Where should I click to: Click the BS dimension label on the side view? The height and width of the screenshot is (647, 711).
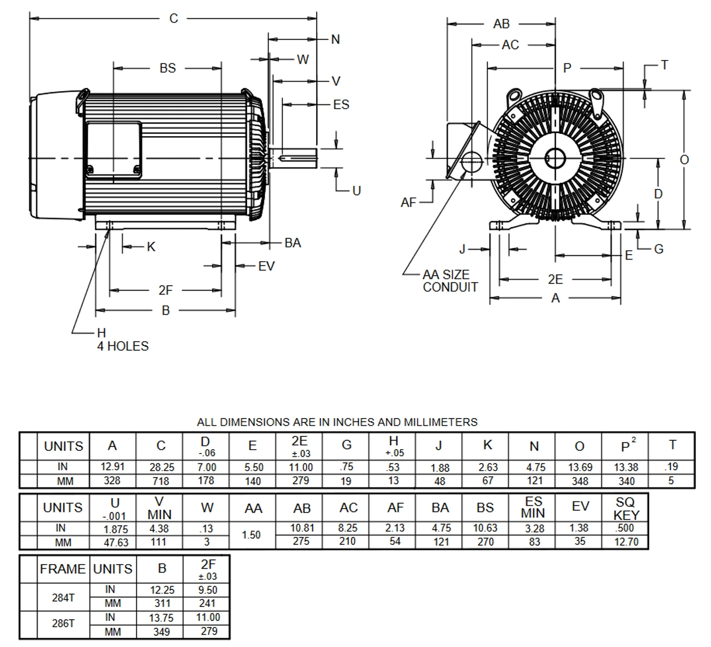coord(167,68)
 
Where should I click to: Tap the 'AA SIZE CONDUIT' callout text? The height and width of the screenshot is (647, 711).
coord(449,281)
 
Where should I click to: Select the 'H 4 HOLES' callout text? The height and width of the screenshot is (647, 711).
coord(122,340)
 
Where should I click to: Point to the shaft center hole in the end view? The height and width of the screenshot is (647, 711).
coord(554,158)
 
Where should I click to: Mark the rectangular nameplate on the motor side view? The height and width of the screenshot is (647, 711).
coord(113,150)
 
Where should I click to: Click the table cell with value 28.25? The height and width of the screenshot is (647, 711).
coord(161,467)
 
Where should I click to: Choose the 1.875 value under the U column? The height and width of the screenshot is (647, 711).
coord(115,528)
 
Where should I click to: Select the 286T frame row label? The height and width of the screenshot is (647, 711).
coord(63,623)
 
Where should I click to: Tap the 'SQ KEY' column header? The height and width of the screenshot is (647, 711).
coord(627,508)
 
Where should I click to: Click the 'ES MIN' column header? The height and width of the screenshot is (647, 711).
coord(533,507)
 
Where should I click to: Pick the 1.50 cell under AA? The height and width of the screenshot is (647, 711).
coord(252,535)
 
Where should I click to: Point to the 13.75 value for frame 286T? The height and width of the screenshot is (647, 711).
coord(162,618)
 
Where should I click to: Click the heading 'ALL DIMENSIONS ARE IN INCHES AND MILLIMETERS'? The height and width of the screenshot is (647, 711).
coord(337,422)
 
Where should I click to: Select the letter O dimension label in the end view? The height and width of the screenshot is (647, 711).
coord(684,160)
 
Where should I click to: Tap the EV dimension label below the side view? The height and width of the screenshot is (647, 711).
coord(266,266)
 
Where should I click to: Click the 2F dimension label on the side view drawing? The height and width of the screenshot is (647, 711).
coord(166,290)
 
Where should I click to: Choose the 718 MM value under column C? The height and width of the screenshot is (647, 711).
coord(161,481)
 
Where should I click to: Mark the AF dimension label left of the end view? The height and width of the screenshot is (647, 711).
coord(408,203)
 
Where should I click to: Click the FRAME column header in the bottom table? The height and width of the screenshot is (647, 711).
coord(63,569)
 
